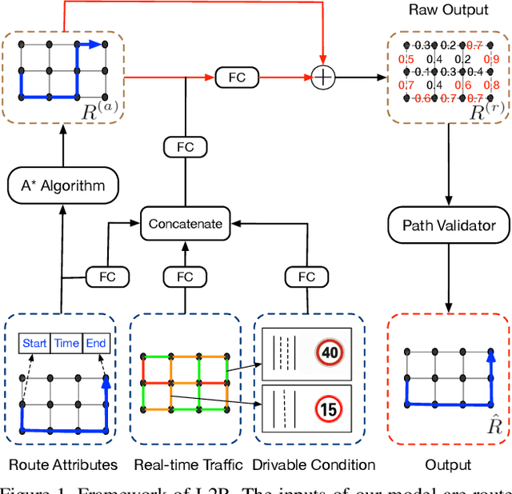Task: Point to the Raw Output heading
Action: (x=447, y=10)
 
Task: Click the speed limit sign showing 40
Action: (x=330, y=352)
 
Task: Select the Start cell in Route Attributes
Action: (x=34, y=343)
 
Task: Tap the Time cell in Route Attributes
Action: (x=66, y=343)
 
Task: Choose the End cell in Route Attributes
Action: (x=95, y=343)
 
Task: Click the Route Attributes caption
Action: (x=63, y=464)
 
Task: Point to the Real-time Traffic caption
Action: (x=184, y=464)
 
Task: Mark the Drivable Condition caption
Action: (x=314, y=464)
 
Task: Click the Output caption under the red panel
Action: (x=449, y=464)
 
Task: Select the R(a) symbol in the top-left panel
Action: (x=100, y=110)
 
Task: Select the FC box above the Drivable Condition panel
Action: (x=306, y=277)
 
